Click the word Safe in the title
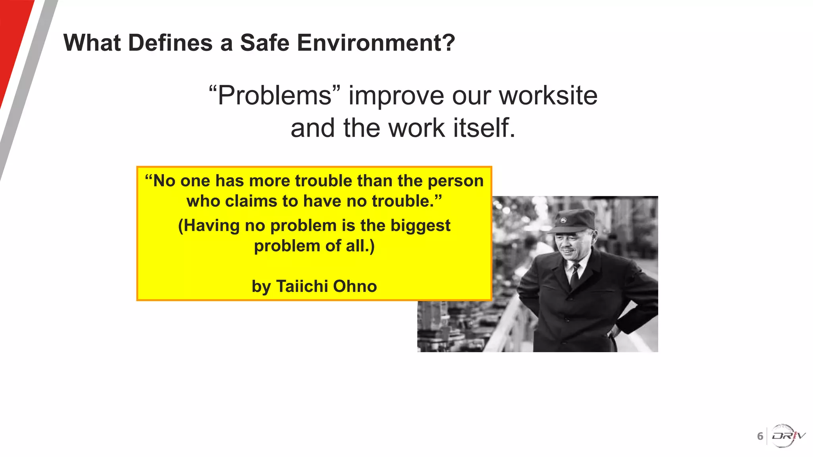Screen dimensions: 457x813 (265, 43)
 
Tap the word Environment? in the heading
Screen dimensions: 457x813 (376, 43)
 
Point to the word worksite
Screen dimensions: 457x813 (548, 96)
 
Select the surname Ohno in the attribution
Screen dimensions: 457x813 (355, 286)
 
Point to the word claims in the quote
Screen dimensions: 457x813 (251, 201)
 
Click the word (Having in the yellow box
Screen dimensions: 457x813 (209, 226)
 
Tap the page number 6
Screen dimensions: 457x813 (760, 436)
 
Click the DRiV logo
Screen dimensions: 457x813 (788, 436)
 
